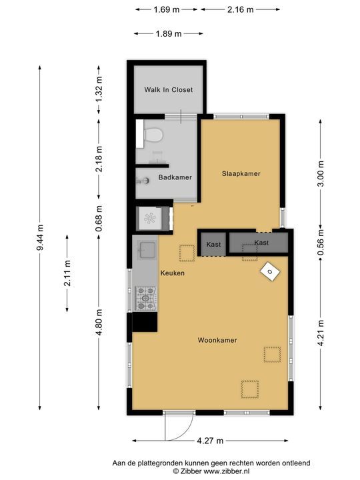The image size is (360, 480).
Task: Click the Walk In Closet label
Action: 169,90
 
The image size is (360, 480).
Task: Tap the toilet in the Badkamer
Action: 153,135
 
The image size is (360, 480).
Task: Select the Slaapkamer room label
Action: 241,173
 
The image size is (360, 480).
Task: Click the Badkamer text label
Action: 175,177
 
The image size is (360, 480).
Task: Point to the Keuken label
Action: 173,273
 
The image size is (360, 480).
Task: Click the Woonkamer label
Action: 217,340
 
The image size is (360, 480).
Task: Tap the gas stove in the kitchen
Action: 146,298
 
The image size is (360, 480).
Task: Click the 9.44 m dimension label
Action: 40,237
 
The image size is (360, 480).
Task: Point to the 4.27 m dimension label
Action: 210,441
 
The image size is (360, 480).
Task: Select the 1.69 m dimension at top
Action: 167,9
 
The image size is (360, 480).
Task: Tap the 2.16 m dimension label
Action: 240,9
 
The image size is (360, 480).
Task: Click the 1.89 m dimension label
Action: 169,34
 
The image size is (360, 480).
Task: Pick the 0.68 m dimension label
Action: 99,217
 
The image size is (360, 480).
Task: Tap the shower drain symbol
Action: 150,218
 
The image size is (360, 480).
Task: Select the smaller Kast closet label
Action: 214,245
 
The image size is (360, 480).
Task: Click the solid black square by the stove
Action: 145,322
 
